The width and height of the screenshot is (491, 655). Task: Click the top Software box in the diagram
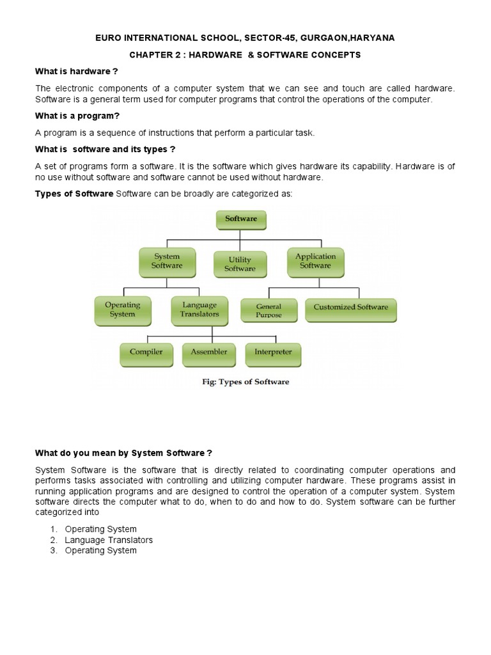pyautogui.click(x=240, y=219)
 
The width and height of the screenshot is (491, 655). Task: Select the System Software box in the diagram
pyautogui.click(x=167, y=261)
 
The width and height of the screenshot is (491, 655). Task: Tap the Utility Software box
pyautogui.click(x=240, y=264)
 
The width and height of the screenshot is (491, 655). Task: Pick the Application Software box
pyautogui.click(x=315, y=261)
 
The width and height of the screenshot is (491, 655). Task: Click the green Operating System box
pyautogui.click(x=122, y=310)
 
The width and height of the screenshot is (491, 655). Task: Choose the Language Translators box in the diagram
pyautogui.click(x=199, y=310)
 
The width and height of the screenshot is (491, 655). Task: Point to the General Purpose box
pyautogui.click(x=269, y=311)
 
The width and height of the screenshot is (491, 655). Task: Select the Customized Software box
pyautogui.click(x=350, y=308)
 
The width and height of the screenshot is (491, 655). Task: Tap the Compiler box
pyautogui.click(x=146, y=352)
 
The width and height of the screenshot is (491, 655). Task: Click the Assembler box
pyautogui.click(x=208, y=352)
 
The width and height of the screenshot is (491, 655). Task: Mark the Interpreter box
pyautogui.click(x=273, y=352)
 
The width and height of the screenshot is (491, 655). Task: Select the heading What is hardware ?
pyautogui.click(x=76, y=71)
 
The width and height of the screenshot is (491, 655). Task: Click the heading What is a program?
pyautogui.click(x=77, y=116)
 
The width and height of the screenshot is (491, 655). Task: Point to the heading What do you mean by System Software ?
pyautogui.click(x=123, y=453)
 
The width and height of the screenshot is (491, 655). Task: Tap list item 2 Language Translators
pyautogui.click(x=109, y=540)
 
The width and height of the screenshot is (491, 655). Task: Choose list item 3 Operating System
pyautogui.click(x=100, y=550)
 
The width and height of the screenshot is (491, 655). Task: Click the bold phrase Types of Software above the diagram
pyautogui.click(x=74, y=193)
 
